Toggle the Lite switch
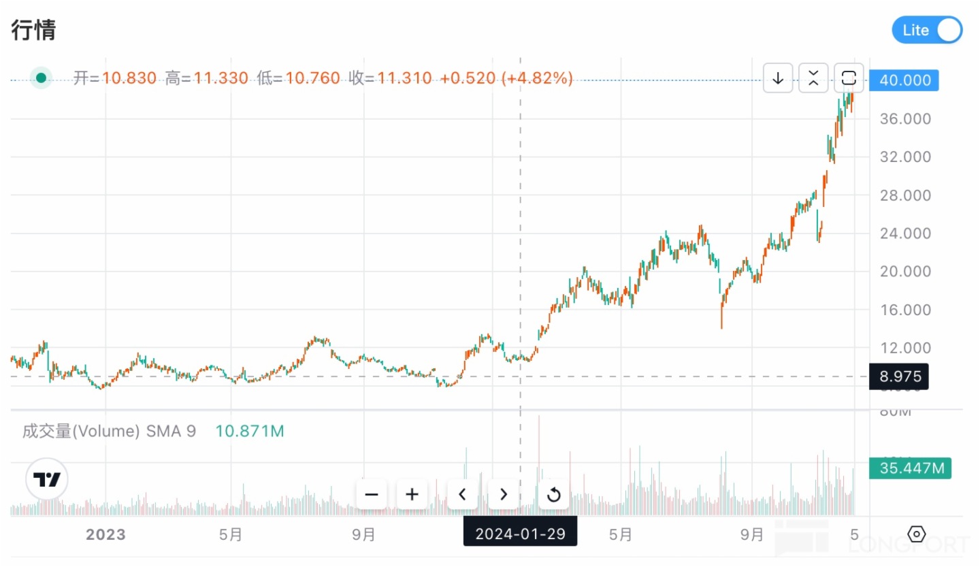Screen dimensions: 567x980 (927, 30)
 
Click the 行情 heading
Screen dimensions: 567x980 (33, 30)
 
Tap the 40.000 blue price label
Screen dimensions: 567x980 (904, 80)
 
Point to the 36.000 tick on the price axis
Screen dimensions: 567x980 (904, 118)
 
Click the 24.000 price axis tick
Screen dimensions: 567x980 (904, 233)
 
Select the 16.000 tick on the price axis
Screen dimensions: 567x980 (904, 310)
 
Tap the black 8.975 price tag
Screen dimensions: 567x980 (899, 376)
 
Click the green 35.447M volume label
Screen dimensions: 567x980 (910, 468)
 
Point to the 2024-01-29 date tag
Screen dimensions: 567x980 (520, 533)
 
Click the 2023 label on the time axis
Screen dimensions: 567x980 (105, 534)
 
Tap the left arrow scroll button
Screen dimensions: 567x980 (463, 494)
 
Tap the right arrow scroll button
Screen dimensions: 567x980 (504, 494)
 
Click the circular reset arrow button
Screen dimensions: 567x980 (553, 494)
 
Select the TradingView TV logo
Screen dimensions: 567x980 (47, 480)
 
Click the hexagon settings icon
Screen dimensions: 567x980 (917, 534)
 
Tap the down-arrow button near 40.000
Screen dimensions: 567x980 (778, 78)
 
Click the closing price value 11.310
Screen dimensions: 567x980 (404, 78)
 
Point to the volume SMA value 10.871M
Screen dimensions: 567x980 (250, 431)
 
